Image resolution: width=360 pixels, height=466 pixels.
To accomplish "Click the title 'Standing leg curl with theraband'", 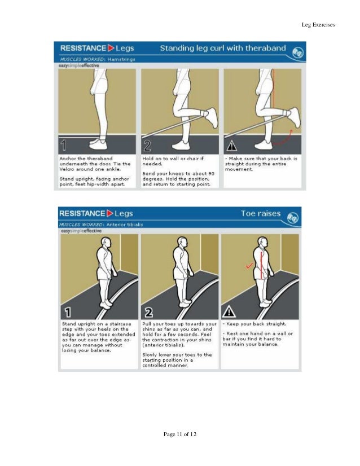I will pos(223,49).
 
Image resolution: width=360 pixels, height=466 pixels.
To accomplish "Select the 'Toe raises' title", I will pos(260,214).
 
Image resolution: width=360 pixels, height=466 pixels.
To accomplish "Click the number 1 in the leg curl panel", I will pos(65,144).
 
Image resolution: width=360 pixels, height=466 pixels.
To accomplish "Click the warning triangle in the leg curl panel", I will pos(231,145).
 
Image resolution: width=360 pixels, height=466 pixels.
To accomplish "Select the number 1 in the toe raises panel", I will pos(68,311).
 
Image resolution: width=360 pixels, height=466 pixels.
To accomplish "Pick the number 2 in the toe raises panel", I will pos(149,311).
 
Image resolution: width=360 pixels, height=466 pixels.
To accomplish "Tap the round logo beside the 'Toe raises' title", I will pos(293,217).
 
